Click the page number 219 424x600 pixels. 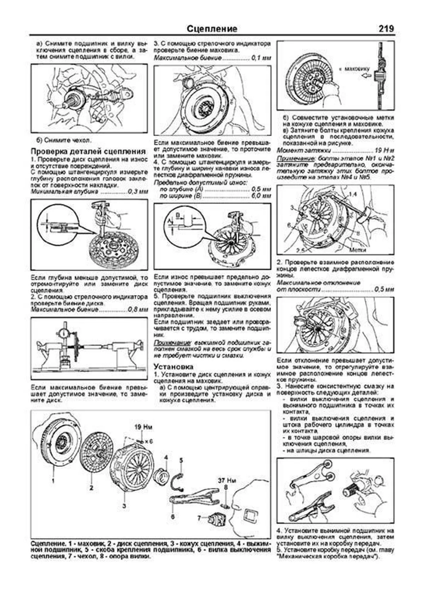386,28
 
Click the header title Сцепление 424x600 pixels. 212,29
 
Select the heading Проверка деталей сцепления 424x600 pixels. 88,151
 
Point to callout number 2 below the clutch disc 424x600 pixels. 91,488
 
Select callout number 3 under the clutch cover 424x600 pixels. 124,506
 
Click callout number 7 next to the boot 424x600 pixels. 199,518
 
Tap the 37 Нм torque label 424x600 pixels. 227,481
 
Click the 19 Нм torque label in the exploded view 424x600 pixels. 143,427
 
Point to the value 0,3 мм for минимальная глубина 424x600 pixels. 138,192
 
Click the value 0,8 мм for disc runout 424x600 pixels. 138,310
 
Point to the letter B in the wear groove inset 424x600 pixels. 178,215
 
